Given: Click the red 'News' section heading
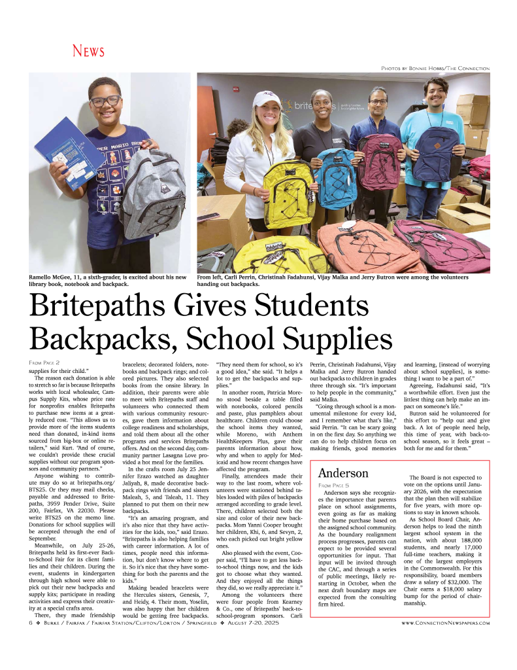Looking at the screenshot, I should (88, 51).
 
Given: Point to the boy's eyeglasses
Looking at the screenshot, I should (106, 101).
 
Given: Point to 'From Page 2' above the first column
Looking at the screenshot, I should (44, 362).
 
